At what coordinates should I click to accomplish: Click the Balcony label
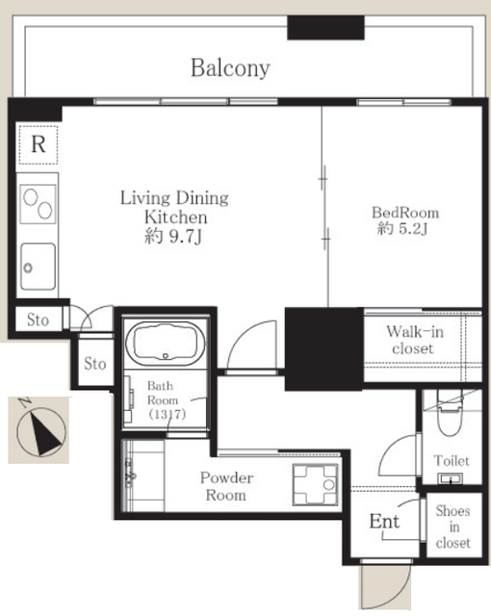pyautogui.click(x=230, y=68)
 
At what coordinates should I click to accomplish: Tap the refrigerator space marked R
pyautogui.click(x=39, y=144)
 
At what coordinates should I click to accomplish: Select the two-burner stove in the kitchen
pyautogui.click(x=38, y=204)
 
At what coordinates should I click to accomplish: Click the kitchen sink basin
pyautogui.click(x=38, y=267)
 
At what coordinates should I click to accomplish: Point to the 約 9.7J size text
pyautogui.click(x=173, y=236)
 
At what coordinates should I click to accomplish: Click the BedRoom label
pyautogui.click(x=405, y=213)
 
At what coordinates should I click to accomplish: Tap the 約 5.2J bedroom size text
pyautogui.click(x=402, y=228)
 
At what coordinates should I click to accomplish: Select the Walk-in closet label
pyautogui.click(x=414, y=340)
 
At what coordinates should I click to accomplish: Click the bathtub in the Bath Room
pyautogui.click(x=166, y=343)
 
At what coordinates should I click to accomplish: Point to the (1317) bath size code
pyautogui.click(x=167, y=414)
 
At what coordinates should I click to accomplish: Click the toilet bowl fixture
pyautogui.click(x=451, y=417)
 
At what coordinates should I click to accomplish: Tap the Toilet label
pyautogui.click(x=452, y=460)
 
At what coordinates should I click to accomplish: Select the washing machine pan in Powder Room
pyautogui.click(x=315, y=484)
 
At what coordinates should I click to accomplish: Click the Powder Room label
pyautogui.click(x=226, y=486)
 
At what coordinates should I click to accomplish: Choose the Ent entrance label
pyautogui.click(x=384, y=522)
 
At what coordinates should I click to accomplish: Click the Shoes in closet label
pyautogui.click(x=453, y=526)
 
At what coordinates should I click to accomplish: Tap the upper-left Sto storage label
pyautogui.click(x=38, y=320)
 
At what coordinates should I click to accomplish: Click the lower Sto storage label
pyautogui.click(x=95, y=364)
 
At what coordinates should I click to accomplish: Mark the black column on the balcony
pyautogui.click(x=325, y=28)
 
